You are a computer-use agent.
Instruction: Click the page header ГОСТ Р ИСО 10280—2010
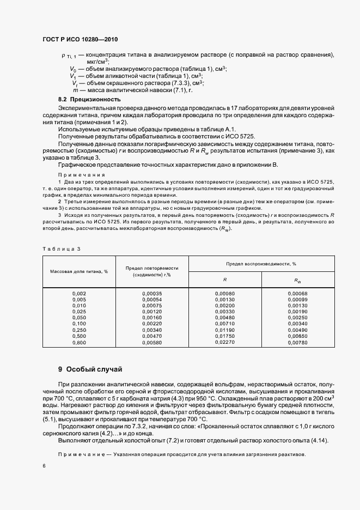80,40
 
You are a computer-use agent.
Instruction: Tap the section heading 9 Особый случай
92,369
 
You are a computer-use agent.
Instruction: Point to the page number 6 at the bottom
44,466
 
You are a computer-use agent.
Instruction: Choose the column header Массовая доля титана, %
80,271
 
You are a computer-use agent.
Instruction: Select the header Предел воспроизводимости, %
261,263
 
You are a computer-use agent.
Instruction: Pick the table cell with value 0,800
80,342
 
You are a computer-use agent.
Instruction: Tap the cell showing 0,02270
225,342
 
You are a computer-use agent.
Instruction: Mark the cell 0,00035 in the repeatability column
152,294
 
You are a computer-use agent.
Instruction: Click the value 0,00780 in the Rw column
298,342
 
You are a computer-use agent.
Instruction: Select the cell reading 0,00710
225,324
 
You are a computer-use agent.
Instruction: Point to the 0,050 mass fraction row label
80,318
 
